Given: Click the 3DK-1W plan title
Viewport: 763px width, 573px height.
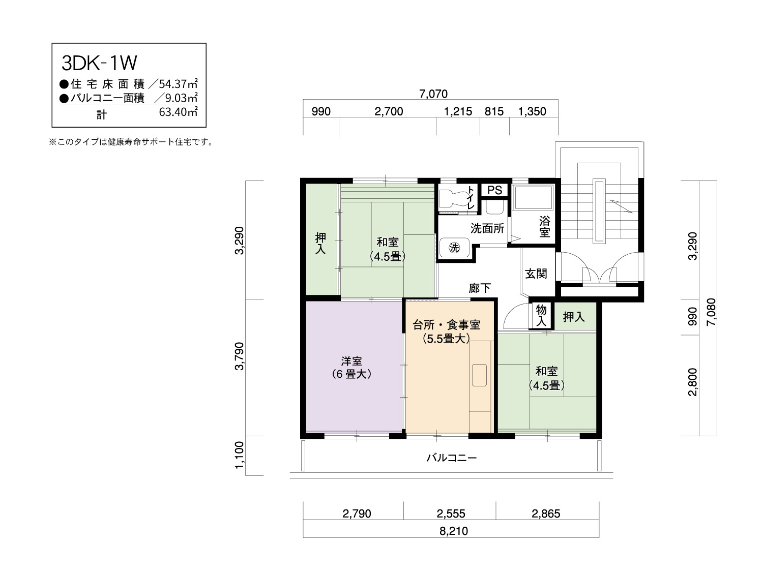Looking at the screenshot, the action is [x=99, y=63].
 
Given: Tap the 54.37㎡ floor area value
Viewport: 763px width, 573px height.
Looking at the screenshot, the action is [x=179, y=84].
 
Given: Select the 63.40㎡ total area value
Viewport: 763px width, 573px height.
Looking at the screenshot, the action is [x=179, y=112].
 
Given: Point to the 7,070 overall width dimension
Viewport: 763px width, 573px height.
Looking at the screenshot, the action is [x=433, y=94].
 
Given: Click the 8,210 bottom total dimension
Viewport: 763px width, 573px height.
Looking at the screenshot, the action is [x=454, y=531].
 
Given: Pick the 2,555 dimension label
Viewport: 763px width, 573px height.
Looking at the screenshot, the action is [x=451, y=514].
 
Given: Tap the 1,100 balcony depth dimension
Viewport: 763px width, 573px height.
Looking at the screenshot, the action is [x=240, y=455].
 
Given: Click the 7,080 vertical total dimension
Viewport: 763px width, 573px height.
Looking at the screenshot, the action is [x=712, y=312].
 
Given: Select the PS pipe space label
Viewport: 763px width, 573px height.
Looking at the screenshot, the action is [x=494, y=190].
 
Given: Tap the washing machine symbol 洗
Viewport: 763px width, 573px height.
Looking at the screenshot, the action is [x=454, y=248].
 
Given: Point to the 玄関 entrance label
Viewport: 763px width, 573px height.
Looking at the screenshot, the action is [x=536, y=274].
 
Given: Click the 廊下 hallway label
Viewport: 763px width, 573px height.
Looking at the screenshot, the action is [x=480, y=288].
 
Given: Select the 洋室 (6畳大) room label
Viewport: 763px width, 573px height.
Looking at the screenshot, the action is [x=351, y=367].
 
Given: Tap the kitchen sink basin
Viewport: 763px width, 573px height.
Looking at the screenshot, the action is [x=479, y=375].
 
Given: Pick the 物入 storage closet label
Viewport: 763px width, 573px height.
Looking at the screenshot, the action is [x=541, y=316].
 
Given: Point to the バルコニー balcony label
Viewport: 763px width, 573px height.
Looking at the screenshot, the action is [x=452, y=458].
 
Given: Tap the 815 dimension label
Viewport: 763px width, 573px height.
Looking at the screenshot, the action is [x=494, y=111].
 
